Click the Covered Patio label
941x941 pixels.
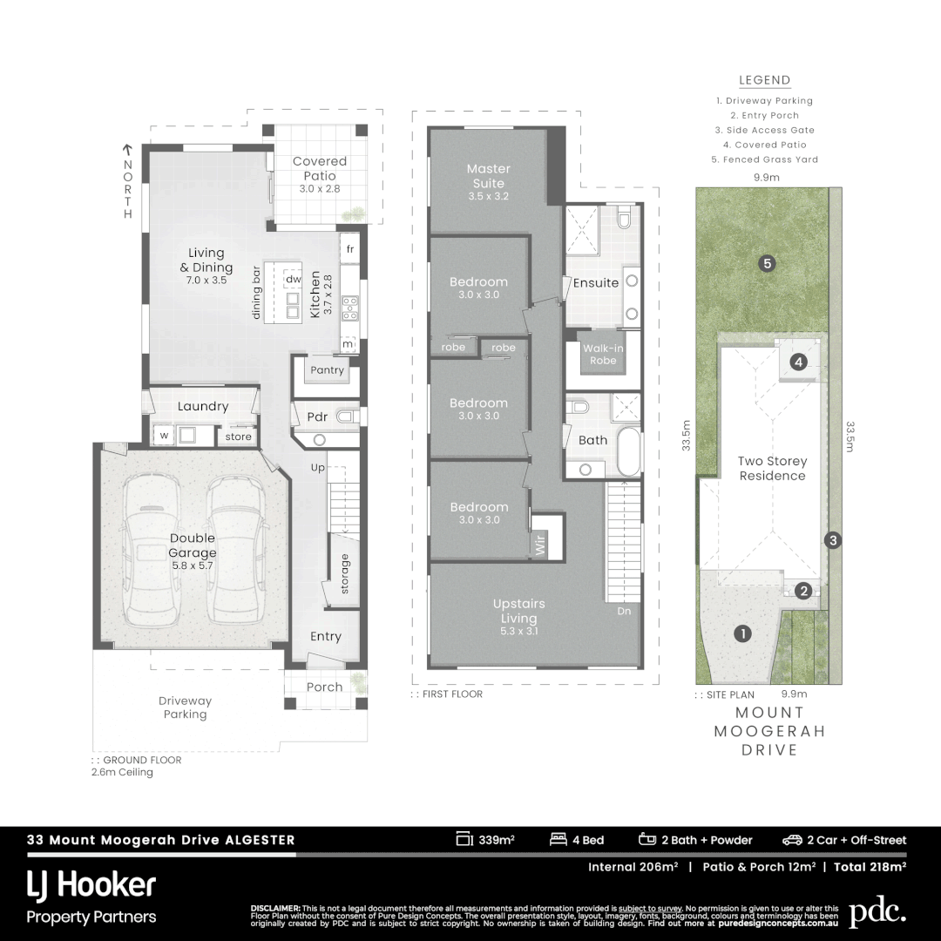pyautogui.click(x=319, y=168)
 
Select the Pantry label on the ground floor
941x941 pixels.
pyautogui.click(x=327, y=370)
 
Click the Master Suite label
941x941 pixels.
pyautogui.click(x=488, y=176)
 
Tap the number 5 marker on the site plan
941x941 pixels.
pyautogui.click(x=767, y=263)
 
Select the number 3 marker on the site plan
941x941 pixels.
pyautogui.click(x=833, y=540)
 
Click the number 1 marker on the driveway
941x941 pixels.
pyautogui.click(x=741, y=633)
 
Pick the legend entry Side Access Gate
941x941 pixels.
pyautogui.click(x=765, y=130)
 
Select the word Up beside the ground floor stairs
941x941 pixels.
pyautogui.click(x=319, y=468)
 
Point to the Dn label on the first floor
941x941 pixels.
pyautogui.click(x=625, y=611)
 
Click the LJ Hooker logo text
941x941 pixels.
pyautogui.click(x=91, y=886)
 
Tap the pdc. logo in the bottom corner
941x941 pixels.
pyautogui.click(x=877, y=912)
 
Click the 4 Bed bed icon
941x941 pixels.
pyautogui.click(x=559, y=840)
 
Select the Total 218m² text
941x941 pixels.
pyautogui.click(x=870, y=867)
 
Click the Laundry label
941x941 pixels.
pyautogui.click(x=202, y=406)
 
